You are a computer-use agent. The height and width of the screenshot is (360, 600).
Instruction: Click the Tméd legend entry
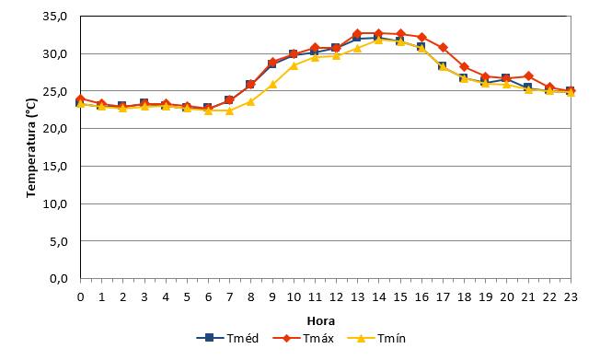click(227, 338)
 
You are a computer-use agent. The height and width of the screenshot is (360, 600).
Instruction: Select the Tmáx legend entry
click(304, 338)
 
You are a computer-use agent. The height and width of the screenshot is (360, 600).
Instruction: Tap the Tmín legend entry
click(376, 338)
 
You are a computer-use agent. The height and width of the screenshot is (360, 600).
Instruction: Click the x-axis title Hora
click(321, 321)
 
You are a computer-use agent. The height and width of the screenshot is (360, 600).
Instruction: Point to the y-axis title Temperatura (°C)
click(31, 148)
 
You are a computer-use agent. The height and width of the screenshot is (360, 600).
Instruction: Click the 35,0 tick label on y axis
click(55, 17)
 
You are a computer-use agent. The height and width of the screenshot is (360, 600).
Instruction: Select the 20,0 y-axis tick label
click(55, 129)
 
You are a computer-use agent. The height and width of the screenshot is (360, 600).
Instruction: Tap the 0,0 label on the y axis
click(59, 279)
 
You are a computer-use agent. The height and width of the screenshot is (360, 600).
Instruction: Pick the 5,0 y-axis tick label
click(59, 241)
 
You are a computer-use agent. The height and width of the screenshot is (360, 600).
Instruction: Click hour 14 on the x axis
click(379, 296)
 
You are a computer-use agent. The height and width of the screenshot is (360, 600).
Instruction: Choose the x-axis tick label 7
click(229, 296)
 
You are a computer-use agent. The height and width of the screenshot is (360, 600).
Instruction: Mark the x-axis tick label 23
click(571, 296)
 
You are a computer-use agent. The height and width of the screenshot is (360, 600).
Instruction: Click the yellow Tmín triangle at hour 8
click(250, 101)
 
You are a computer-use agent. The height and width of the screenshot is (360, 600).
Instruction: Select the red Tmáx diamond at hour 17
click(443, 48)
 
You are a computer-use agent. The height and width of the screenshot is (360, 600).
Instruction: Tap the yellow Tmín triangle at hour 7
click(229, 110)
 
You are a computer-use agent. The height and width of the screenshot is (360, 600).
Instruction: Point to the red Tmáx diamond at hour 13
click(357, 34)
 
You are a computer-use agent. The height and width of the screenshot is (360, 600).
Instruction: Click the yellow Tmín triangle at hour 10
click(294, 65)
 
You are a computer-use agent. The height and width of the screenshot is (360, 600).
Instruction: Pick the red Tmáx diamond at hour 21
click(528, 75)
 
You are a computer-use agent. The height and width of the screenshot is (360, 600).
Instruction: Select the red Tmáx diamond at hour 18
click(464, 67)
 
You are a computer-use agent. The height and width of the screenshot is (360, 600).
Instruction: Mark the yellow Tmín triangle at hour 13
click(357, 48)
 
